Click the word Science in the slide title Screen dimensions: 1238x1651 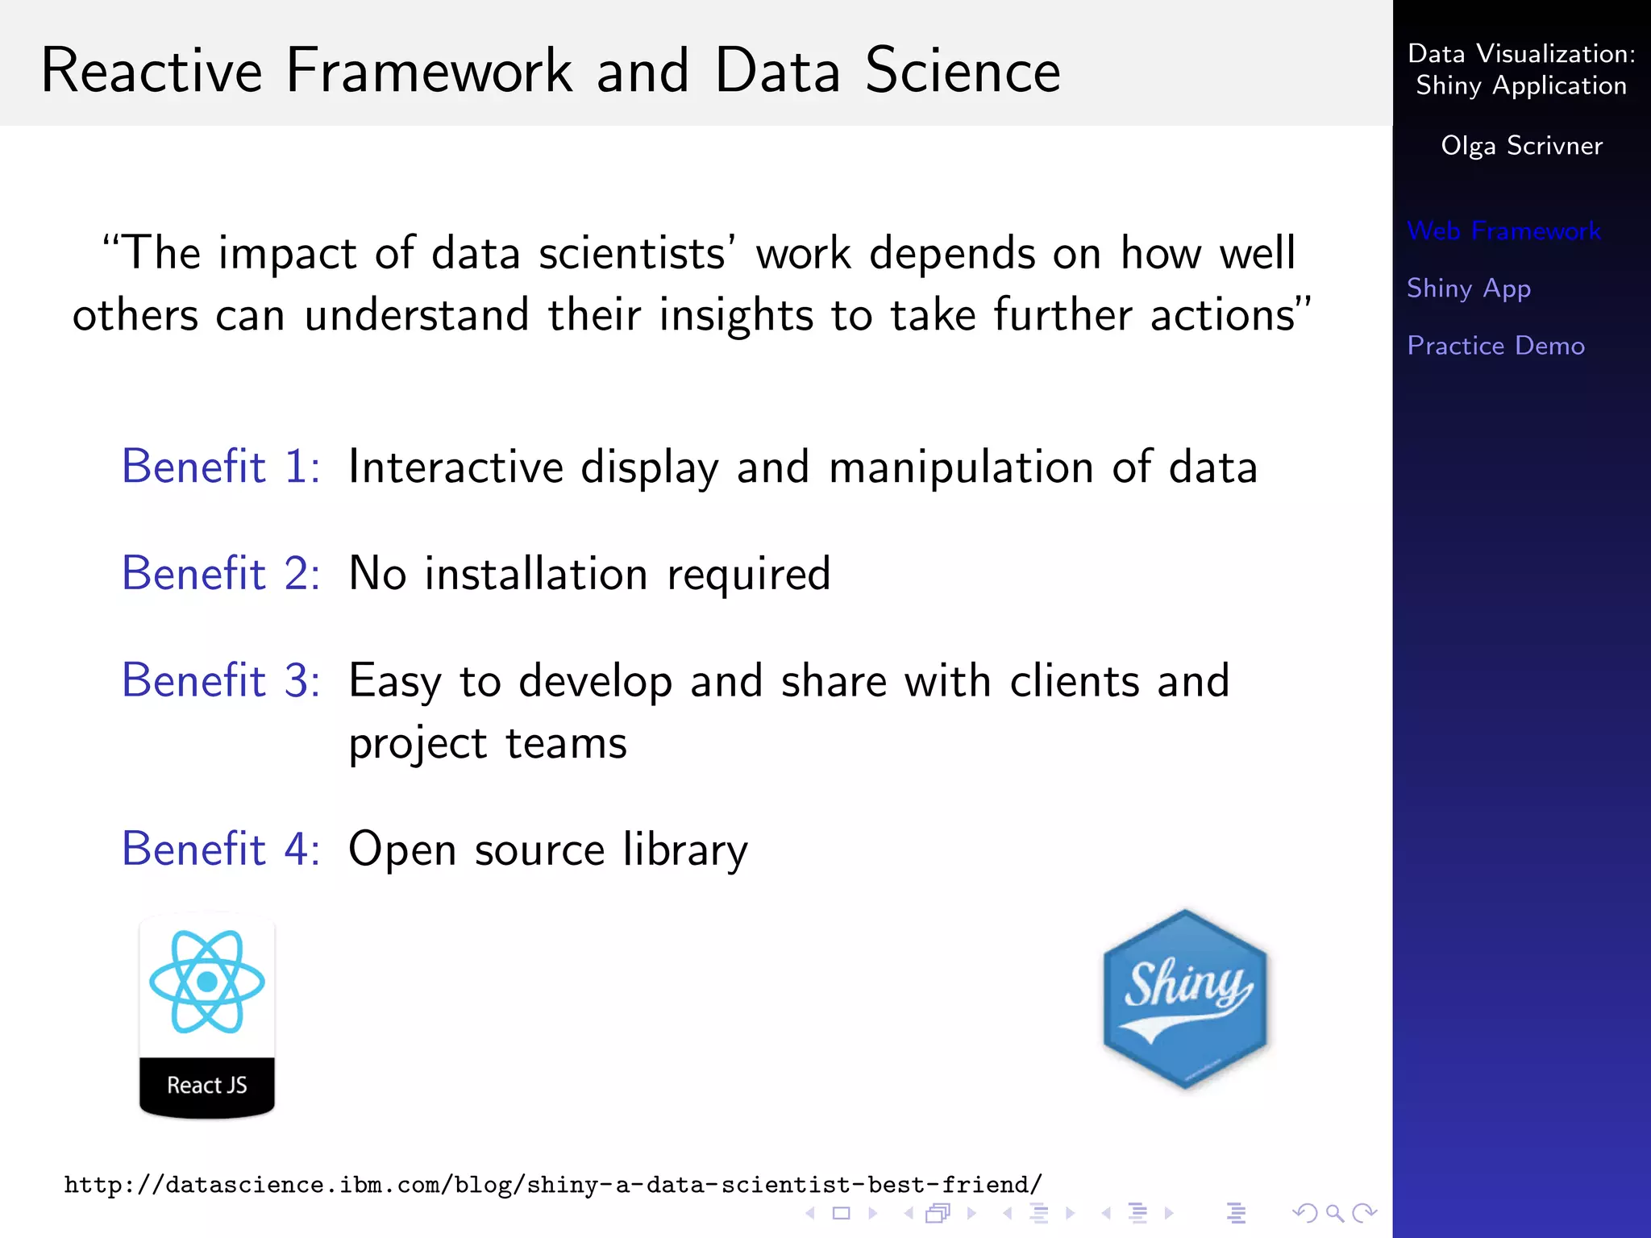(x=963, y=71)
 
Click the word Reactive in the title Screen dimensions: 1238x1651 (x=152, y=71)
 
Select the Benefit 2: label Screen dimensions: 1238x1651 (x=221, y=573)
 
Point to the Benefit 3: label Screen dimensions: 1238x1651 (x=221, y=680)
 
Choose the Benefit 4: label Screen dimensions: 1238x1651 (x=221, y=849)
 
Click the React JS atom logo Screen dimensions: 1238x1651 (x=207, y=982)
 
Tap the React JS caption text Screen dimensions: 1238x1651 (x=207, y=1085)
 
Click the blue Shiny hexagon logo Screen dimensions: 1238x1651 (x=1184, y=999)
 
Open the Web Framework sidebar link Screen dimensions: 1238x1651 (x=1503, y=231)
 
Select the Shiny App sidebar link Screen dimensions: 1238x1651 (x=1468, y=289)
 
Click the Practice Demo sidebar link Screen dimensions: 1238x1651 (x=1495, y=346)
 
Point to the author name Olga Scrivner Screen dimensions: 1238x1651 (x=1521, y=146)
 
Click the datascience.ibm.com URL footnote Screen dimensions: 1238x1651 (x=553, y=1185)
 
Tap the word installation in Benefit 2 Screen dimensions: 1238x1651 (x=536, y=574)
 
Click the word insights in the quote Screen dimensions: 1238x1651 (x=735, y=315)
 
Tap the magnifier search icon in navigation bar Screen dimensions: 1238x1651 (x=1334, y=1212)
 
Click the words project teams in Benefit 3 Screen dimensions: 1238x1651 (x=488, y=743)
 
